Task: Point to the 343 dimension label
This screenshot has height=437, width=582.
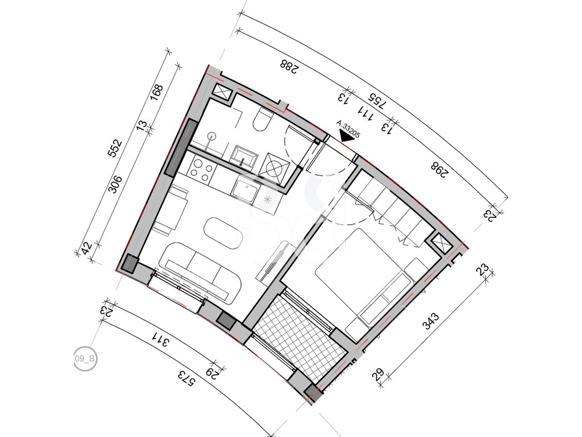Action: click(431, 322)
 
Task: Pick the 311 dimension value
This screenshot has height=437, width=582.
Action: click(160, 339)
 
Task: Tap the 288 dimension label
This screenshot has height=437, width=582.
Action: click(290, 67)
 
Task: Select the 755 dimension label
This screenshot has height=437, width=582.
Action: click(377, 100)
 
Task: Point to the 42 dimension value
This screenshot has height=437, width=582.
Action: click(86, 248)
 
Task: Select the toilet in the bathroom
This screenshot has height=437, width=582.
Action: click(263, 119)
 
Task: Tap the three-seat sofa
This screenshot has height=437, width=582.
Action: click(201, 270)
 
